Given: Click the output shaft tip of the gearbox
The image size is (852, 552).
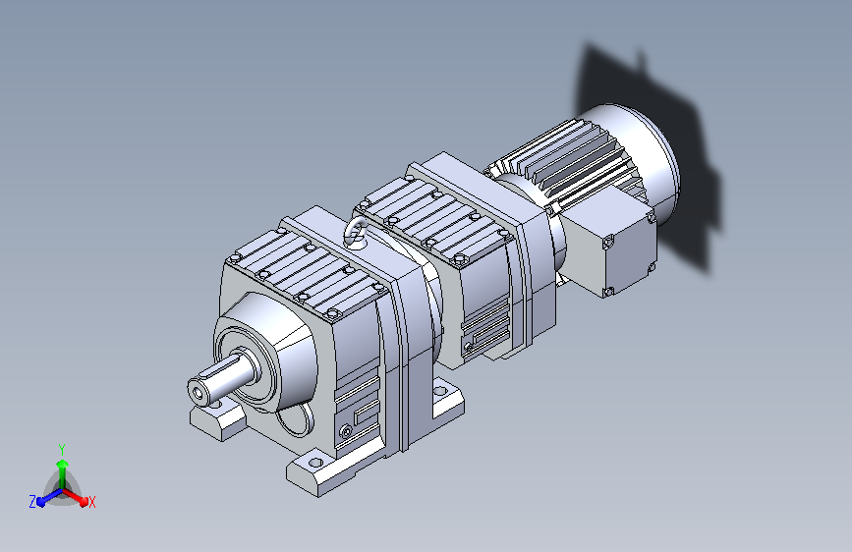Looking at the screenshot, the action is (x=198, y=391).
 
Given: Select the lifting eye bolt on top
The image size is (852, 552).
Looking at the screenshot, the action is (x=355, y=233).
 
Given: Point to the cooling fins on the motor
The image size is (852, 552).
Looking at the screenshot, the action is (x=565, y=157).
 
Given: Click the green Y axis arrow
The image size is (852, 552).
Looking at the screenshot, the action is (x=62, y=473).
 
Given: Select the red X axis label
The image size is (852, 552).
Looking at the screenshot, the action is (x=91, y=503).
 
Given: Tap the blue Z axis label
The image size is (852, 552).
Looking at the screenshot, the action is (x=32, y=502).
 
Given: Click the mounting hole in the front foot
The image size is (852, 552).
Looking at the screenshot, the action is (x=315, y=464).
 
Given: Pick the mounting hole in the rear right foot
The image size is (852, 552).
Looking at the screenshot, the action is (x=440, y=390).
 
